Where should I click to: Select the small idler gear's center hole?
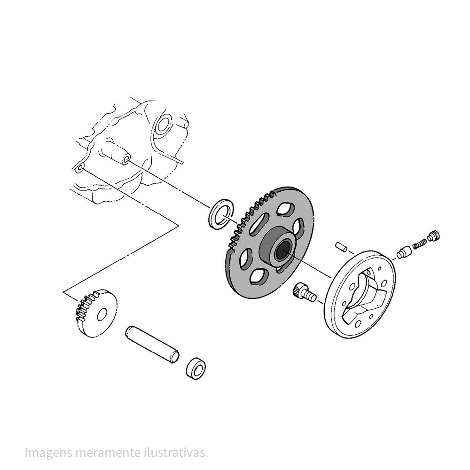(x=102, y=314)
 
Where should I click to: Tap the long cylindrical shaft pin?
(x=152, y=345)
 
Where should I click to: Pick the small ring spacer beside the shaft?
(x=196, y=368)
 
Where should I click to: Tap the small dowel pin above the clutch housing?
(x=341, y=247)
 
